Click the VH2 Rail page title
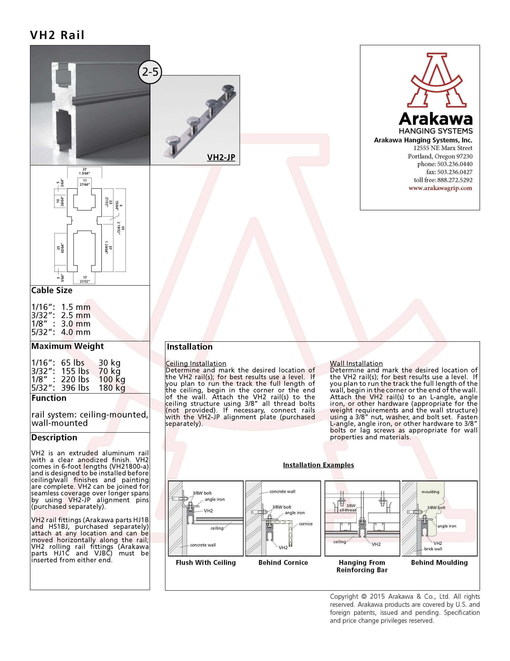pos(57,35)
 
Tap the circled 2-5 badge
pos(150,72)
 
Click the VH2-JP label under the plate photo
pos(221,158)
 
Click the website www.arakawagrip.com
pos(440,188)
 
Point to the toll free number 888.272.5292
pos(455,180)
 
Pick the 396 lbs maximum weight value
pos(75,388)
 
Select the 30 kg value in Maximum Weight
pos(109,363)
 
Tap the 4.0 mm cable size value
pos(76,332)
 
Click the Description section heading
pos(54,438)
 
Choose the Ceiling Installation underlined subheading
pos(196,364)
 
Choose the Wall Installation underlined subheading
pos(356,364)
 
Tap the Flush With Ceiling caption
pos(205,562)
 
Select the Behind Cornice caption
pos(283,562)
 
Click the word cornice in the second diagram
pos(306,524)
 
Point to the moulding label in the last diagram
pos(430,492)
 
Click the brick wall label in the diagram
pos(433,549)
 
